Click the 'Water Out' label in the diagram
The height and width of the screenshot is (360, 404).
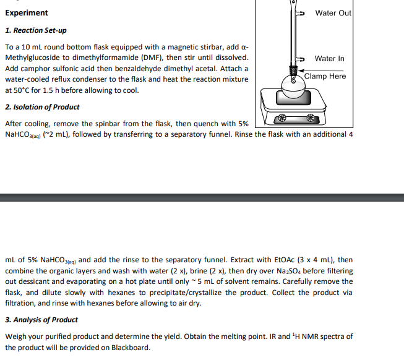tap(333, 13)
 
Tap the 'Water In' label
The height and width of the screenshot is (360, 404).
tap(329, 59)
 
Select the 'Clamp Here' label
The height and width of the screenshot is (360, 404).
tap(325, 76)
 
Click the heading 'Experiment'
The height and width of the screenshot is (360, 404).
tap(26, 13)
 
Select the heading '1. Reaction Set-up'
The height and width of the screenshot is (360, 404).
tap(36, 30)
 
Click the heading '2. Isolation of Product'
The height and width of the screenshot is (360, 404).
tap(42, 107)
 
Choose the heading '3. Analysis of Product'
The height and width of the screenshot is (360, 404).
tap(41, 320)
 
